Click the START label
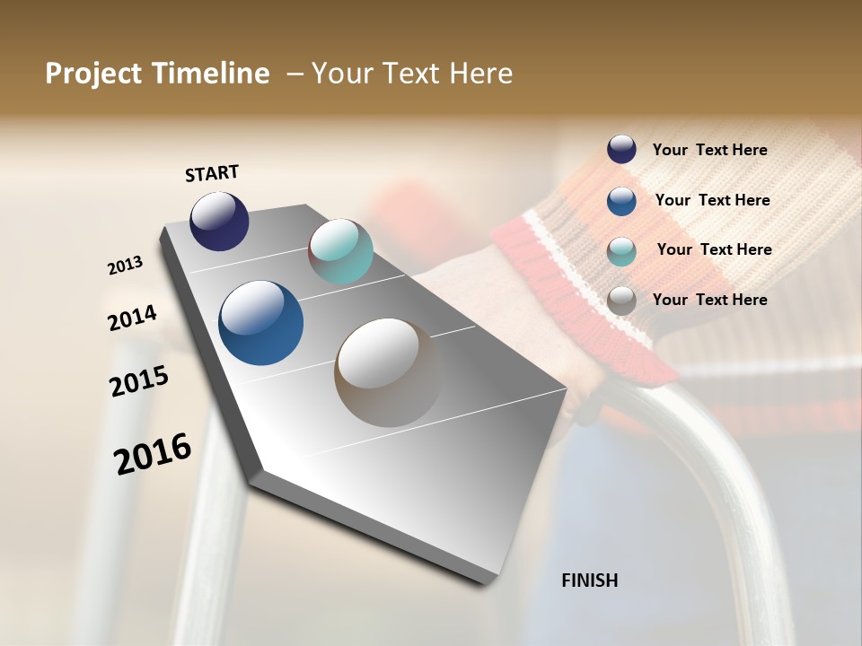click(212, 173)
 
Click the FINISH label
click(589, 581)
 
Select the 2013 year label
click(125, 266)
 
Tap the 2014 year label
click(132, 318)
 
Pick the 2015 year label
click(139, 381)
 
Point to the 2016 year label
click(153, 454)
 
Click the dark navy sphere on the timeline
click(219, 221)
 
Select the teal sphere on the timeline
click(340, 251)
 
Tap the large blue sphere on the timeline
click(260, 323)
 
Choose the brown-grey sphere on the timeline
click(388, 372)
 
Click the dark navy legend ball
click(621, 150)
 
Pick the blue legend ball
click(621, 201)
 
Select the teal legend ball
click(621, 251)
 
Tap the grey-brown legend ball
click(621, 301)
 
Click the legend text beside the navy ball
click(709, 151)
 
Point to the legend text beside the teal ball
click(714, 249)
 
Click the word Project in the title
click(93, 74)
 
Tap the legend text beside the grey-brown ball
click(709, 300)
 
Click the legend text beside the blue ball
click(712, 200)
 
